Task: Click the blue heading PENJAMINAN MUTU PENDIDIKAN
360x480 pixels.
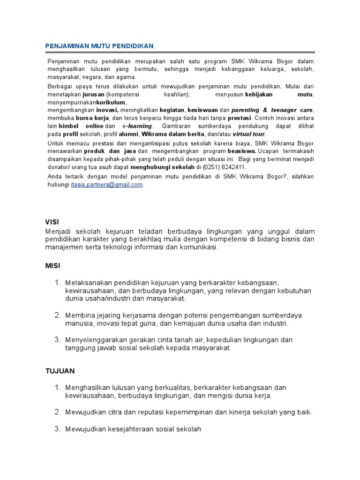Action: click(x=99, y=46)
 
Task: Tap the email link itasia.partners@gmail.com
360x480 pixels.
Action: click(x=107, y=185)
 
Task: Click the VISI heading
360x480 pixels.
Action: click(x=52, y=221)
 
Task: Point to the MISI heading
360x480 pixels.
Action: click(x=52, y=265)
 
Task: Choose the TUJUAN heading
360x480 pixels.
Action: click(x=60, y=370)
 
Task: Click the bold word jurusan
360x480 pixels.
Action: click(x=93, y=94)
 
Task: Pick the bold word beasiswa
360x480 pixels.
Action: click(x=242, y=151)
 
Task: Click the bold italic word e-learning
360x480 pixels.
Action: click(x=137, y=126)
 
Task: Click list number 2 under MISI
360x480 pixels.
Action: click(x=57, y=314)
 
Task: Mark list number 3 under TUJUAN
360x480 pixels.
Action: click(x=57, y=428)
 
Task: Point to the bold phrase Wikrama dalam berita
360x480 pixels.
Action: click(x=171, y=134)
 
